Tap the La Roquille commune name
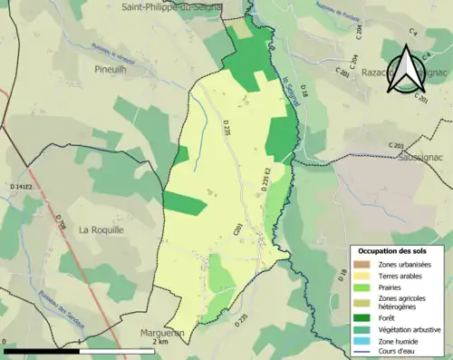point(100,230)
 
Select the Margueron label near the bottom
point(162,333)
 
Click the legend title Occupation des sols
point(399,250)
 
